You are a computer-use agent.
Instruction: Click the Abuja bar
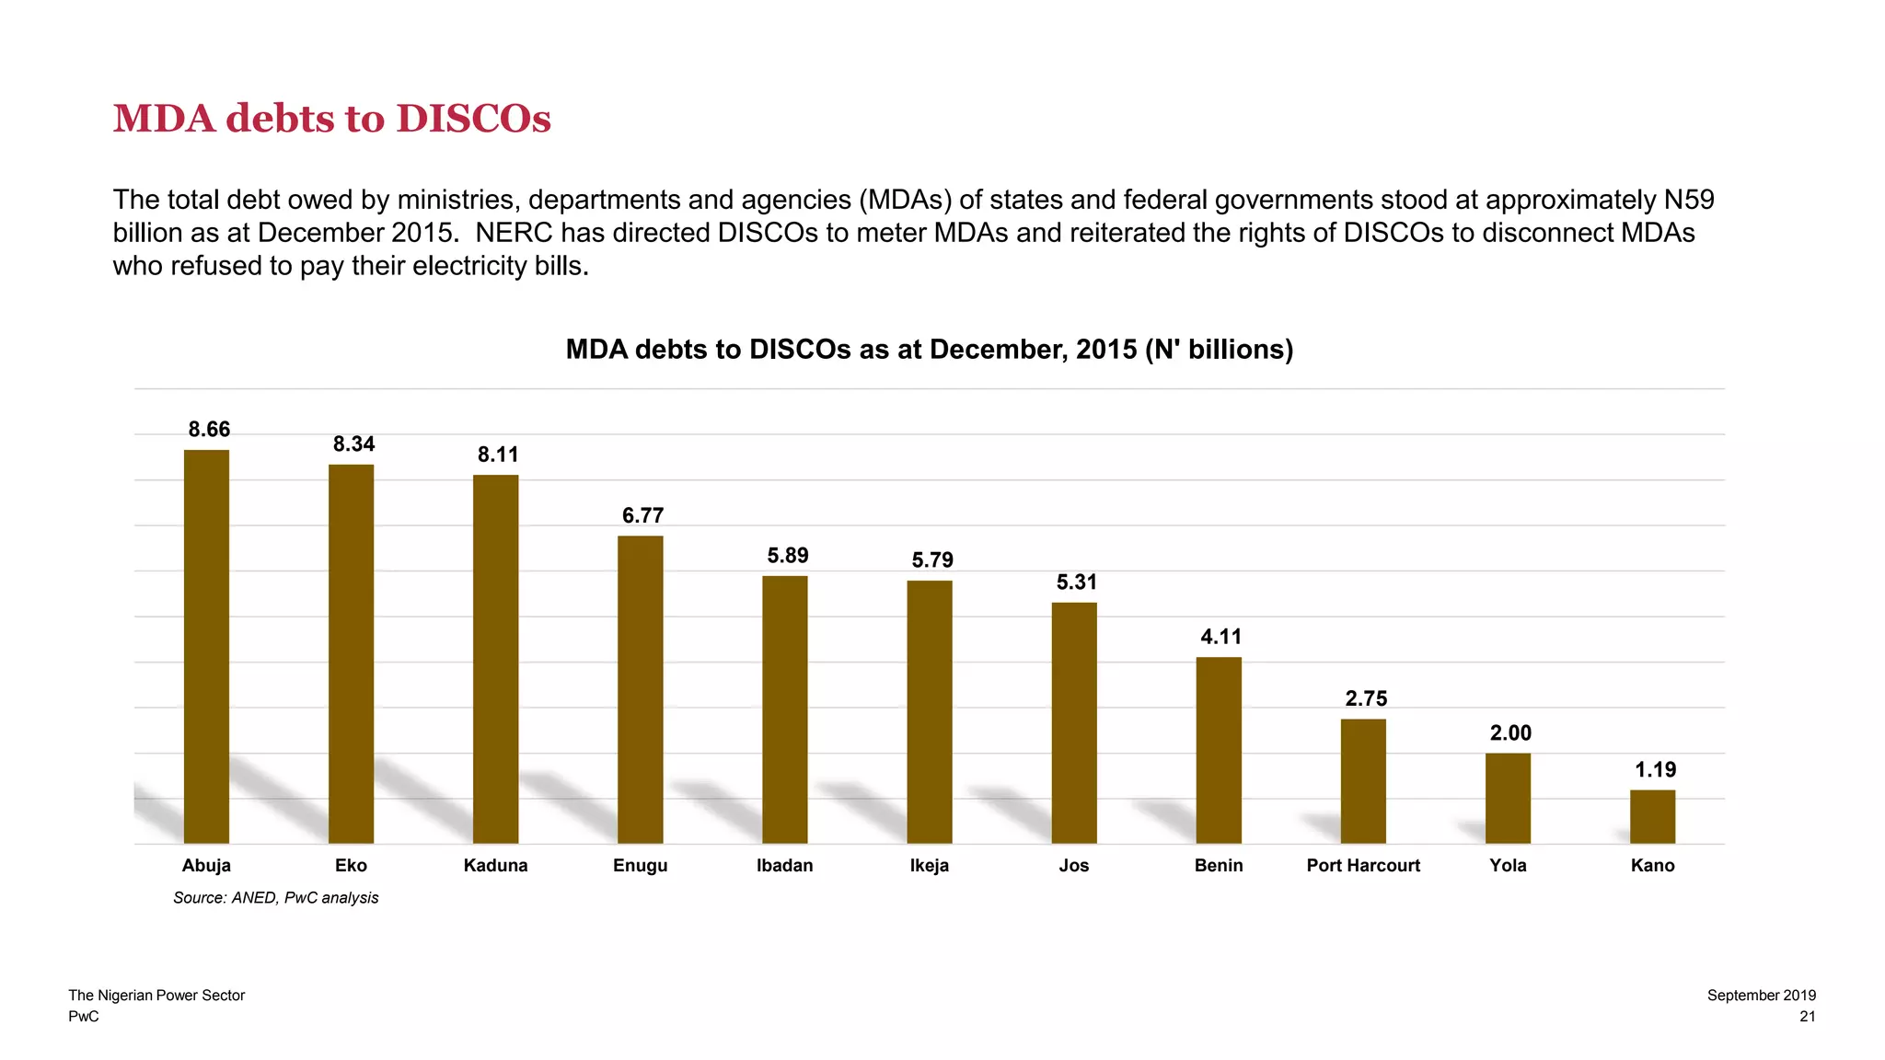[x=206, y=646]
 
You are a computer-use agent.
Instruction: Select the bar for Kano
[x=1652, y=816]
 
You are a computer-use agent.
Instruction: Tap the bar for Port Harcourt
[x=1363, y=780]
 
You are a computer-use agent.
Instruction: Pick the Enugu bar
[x=640, y=689]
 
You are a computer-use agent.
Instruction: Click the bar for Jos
[x=1074, y=722]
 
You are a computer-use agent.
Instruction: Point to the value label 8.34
[x=353, y=444]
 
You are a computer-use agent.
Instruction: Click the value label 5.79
[x=932, y=560]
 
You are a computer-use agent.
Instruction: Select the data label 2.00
[x=1510, y=733]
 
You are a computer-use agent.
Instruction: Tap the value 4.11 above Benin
[x=1220, y=637]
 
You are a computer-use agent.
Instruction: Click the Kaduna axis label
[x=495, y=866]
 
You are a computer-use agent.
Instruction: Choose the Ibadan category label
[x=784, y=866]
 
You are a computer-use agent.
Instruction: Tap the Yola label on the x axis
[x=1508, y=866]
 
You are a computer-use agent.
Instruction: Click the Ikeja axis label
[x=929, y=866]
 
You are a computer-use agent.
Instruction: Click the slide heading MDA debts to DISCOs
[x=331, y=119]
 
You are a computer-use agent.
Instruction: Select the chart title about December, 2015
[x=929, y=350]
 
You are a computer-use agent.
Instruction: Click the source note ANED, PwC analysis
[x=275, y=898]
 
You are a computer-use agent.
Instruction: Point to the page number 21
[x=1807, y=1017]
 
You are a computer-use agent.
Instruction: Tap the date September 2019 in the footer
[x=1761, y=996]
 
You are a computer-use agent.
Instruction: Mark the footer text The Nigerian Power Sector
[x=156, y=996]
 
